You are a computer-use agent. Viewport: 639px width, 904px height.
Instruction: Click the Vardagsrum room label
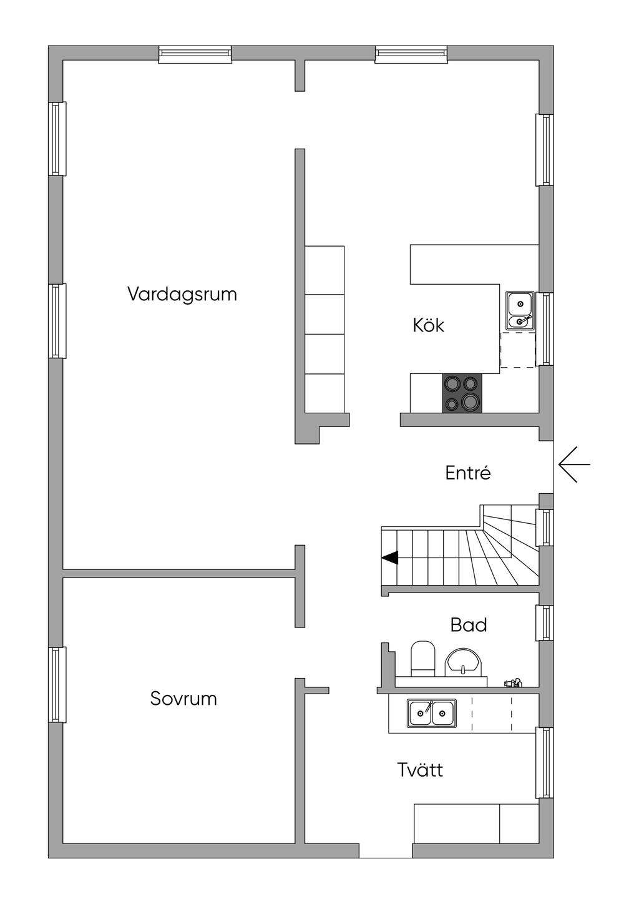(182, 294)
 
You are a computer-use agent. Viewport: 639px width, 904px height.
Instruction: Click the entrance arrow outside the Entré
(574, 464)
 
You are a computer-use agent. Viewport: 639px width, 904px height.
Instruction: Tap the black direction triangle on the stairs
(389, 558)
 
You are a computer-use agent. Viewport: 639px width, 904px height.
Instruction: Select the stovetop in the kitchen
(462, 393)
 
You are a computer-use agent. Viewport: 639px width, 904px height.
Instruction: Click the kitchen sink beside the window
(520, 309)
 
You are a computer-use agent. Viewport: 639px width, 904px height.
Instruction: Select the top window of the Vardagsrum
(195, 54)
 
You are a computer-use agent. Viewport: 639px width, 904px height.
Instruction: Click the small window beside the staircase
(545, 528)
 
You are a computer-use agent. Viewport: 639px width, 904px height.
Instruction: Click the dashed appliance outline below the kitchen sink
(518, 350)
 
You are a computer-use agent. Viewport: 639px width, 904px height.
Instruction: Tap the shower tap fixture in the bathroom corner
(513, 682)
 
